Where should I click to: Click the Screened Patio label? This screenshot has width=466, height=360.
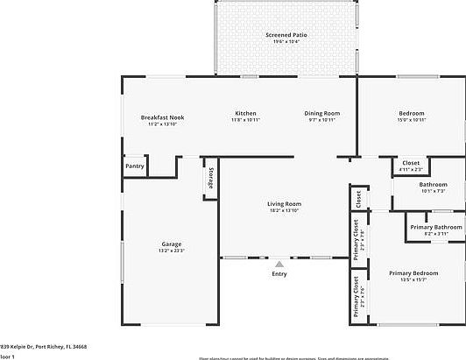tap(283, 35)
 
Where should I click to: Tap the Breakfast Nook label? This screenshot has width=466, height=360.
tap(162, 117)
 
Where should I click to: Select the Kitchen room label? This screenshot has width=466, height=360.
tap(245, 114)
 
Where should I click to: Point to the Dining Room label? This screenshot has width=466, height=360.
tap(321, 114)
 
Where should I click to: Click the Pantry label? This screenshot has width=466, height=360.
tap(134, 166)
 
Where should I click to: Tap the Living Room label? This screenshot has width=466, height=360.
tap(284, 204)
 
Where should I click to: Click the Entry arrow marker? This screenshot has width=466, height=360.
tap(279, 263)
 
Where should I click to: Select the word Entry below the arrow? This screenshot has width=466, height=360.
tap(279, 274)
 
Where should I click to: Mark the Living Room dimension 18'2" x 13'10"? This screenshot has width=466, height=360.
tap(284, 211)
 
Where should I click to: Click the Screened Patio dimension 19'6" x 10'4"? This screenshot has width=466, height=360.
tap(283, 41)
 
